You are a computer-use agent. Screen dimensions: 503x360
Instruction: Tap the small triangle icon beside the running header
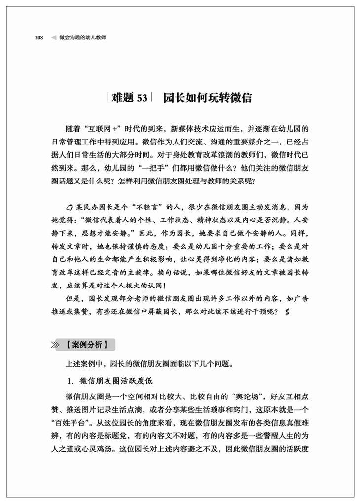pos(52,37)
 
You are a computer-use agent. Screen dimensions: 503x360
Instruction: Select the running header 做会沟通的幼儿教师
pos(82,37)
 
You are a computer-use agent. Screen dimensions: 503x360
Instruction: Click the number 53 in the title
pos(142,98)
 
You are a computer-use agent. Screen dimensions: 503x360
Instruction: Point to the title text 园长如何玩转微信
pos(207,98)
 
